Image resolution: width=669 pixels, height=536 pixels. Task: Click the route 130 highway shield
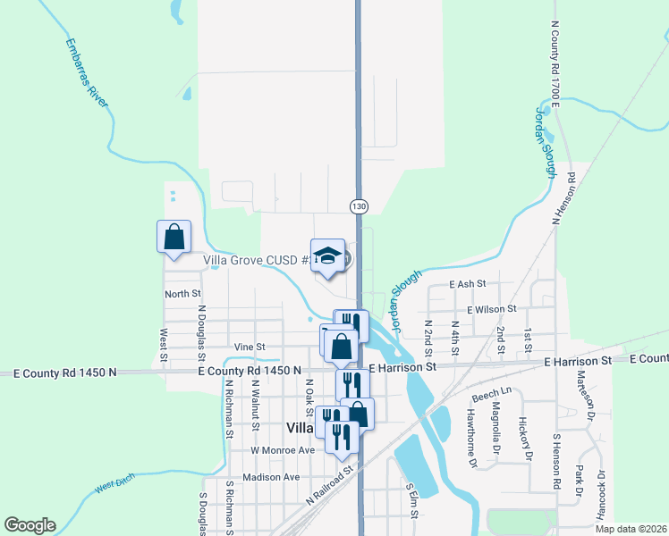coord(359,206)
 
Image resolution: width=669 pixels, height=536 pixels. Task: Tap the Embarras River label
coord(87,72)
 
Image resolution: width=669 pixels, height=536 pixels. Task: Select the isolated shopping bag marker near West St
coord(174,239)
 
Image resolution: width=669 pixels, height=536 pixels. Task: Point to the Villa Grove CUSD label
coord(256,261)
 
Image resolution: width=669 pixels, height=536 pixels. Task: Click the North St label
coord(182,293)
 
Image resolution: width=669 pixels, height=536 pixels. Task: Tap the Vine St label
coord(250,347)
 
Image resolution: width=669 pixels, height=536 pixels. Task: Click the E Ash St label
coord(468,283)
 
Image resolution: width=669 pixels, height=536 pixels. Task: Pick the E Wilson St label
coord(491,308)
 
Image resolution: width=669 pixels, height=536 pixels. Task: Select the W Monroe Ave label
coord(283,450)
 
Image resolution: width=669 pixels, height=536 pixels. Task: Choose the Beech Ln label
coord(491,393)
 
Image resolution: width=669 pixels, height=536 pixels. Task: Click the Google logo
coord(30,525)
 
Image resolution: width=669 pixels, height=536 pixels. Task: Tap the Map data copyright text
coord(631,529)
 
